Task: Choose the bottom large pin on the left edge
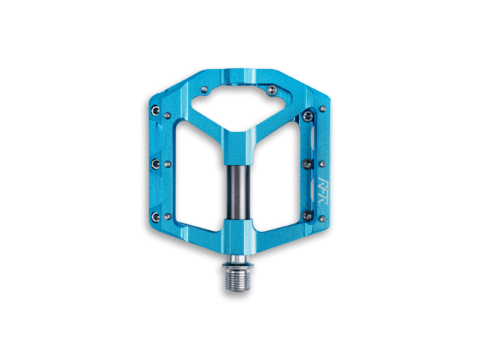pos(154,216)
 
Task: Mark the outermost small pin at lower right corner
pos(322,218)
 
